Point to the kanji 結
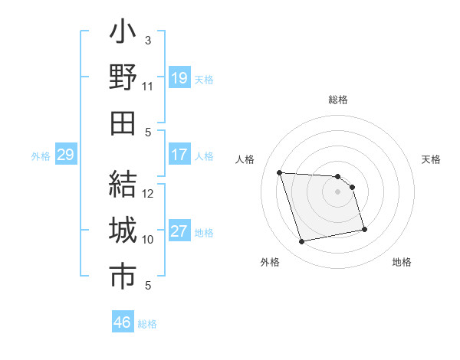click(x=123, y=185)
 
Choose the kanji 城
click(x=123, y=231)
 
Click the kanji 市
click(x=123, y=277)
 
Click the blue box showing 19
click(x=179, y=78)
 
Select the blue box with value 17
click(x=179, y=155)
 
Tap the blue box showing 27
click(x=179, y=231)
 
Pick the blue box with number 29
click(x=65, y=155)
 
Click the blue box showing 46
click(x=123, y=322)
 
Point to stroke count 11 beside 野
click(x=148, y=87)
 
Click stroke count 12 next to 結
click(x=148, y=193)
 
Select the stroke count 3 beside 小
click(x=148, y=40)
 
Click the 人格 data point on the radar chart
click(x=280, y=172)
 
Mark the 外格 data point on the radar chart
click(x=302, y=242)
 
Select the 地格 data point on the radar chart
click(x=364, y=228)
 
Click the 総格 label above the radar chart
click(x=338, y=100)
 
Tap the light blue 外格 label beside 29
click(x=41, y=156)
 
